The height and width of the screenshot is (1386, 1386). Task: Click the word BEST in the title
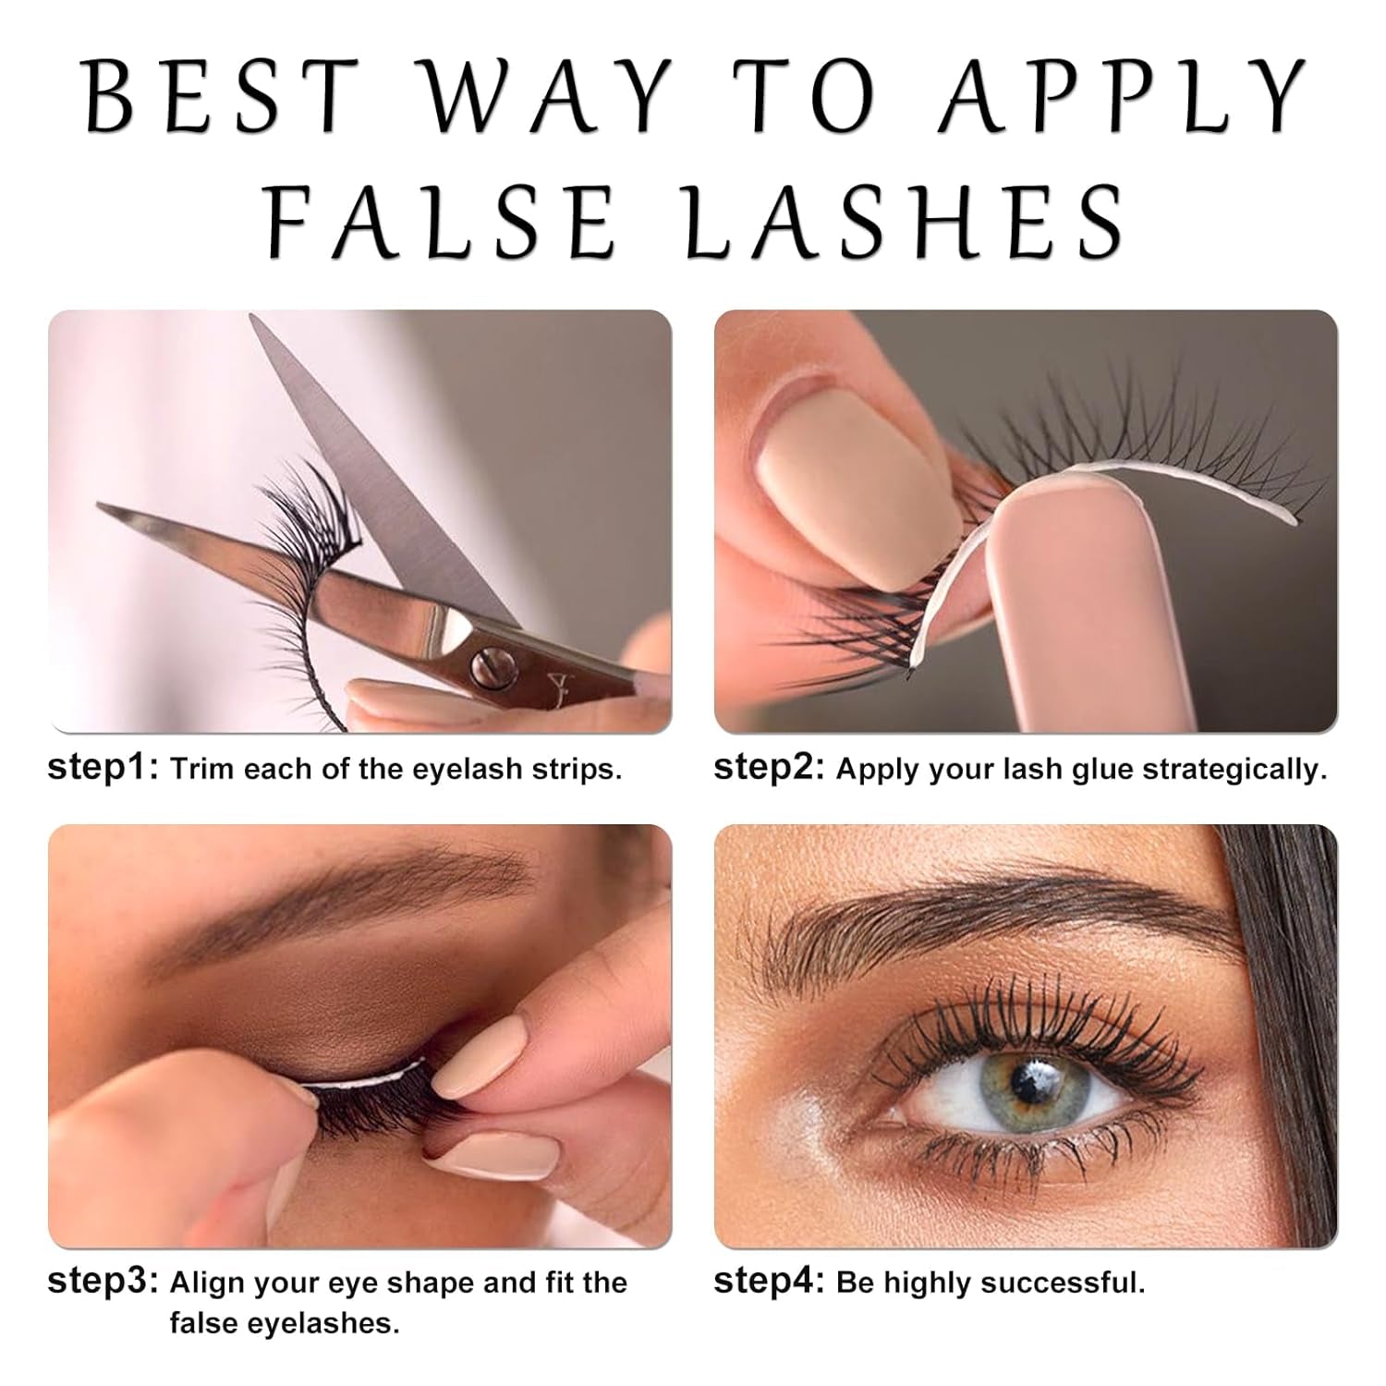[222, 97]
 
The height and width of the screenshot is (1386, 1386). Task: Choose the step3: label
[103, 1283]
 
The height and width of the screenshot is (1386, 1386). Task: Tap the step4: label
[770, 1283]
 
